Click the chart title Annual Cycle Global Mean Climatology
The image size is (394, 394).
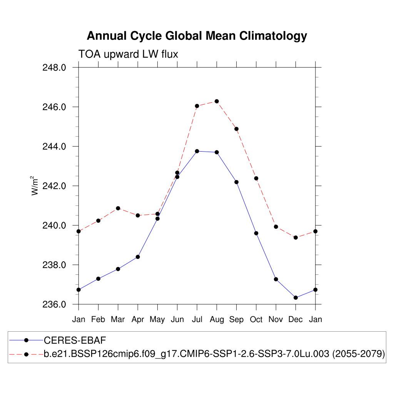[197, 36]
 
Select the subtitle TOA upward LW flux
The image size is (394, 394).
[128, 54]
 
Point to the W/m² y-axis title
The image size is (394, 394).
[35, 185]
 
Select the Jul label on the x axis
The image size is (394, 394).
[197, 319]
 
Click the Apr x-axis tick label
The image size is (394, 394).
[138, 320]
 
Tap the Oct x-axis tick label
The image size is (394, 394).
[256, 319]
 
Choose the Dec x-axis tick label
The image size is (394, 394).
[295, 319]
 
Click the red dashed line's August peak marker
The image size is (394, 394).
[217, 101]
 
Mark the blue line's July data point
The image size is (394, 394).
[197, 151]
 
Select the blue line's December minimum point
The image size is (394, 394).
[295, 297]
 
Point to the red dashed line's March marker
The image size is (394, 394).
[118, 208]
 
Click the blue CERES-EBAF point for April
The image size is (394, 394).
[138, 257]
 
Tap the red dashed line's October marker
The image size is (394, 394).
[256, 178]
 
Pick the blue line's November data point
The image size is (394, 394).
[276, 279]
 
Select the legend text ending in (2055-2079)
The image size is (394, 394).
[214, 354]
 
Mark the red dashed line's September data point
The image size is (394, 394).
[236, 129]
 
